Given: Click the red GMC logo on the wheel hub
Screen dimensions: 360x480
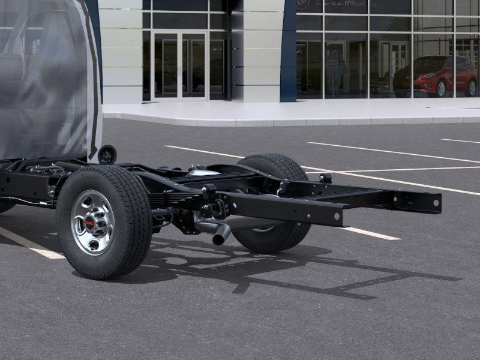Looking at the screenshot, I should click(x=89, y=223).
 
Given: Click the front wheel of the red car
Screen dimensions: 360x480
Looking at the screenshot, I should click(x=441, y=89).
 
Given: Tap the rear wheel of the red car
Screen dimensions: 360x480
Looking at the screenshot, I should click(x=472, y=88).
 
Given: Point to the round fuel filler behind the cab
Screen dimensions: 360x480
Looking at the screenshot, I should click(x=107, y=154).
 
